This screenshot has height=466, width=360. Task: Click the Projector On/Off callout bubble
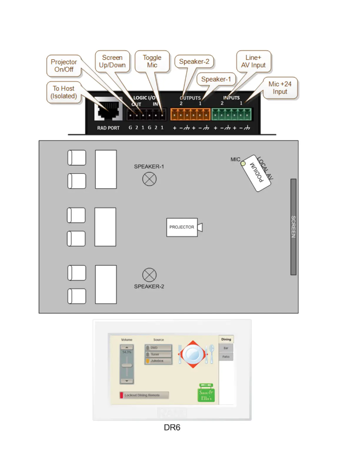click(x=64, y=66)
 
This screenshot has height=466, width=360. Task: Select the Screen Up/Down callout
click(x=112, y=61)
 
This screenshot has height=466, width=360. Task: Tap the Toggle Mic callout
click(x=152, y=61)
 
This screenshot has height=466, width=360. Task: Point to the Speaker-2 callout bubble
click(x=194, y=62)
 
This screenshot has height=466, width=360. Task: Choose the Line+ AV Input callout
click(x=253, y=61)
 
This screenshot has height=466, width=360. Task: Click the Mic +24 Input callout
click(x=280, y=88)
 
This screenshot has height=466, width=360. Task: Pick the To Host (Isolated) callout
click(x=64, y=92)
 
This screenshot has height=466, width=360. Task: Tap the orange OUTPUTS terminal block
click(x=190, y=114)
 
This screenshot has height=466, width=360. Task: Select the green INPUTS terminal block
click(x=231, y=114)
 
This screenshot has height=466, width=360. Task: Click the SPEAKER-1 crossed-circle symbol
click(x=149, y=179)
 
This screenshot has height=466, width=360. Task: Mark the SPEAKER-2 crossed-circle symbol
click(x=149, y=275)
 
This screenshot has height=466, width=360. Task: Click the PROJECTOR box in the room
click(x=182, y=227)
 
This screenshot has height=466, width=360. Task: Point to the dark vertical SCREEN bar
click(x=293, y=227)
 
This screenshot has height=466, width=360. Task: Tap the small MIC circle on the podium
click(x=243, y=164)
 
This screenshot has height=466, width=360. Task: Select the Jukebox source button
click(x=158, y=361)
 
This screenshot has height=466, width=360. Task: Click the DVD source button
click(x=158, y=348)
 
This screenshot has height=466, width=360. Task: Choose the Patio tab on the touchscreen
click(x=226, y=357)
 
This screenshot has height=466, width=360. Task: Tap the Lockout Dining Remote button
click(x=144, y=395)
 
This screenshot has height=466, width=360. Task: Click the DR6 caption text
click(x=172, y=427)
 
